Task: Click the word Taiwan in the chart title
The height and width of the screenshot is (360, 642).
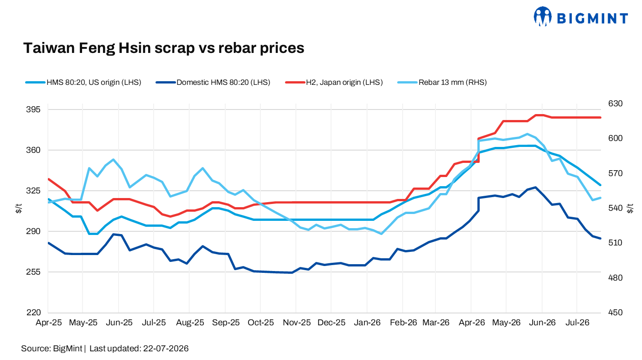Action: (49, 47)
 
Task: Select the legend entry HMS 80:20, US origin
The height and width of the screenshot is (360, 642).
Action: (83, 82)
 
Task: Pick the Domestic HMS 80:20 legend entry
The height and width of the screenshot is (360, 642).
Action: (213, 82)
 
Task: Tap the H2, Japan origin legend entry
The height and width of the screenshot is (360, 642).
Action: (334, 82)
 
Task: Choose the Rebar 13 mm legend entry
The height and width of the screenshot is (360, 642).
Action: (442, 82)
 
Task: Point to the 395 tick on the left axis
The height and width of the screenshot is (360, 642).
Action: (33, 110)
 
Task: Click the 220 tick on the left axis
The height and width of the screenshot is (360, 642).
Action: (33, 313)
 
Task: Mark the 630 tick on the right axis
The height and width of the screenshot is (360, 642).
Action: (616, 104)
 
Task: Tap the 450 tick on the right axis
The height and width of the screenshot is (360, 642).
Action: (616, 313)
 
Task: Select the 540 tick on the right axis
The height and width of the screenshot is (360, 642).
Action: (616, 208)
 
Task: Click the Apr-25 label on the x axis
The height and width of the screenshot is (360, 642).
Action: (48, 323)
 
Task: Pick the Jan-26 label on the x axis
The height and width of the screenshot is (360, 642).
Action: (367, 323)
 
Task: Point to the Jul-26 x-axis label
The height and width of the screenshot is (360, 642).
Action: (577, 323)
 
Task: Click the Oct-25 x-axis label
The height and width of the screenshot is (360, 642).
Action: (260, 323)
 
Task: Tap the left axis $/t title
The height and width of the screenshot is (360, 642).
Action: (19, 208)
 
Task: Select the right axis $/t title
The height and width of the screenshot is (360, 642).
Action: (630, 208)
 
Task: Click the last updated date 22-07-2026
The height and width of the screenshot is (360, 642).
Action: (166, 349)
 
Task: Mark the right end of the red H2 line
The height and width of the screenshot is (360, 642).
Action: (601, 118)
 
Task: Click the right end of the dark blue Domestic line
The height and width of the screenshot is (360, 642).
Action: (601, 238)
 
